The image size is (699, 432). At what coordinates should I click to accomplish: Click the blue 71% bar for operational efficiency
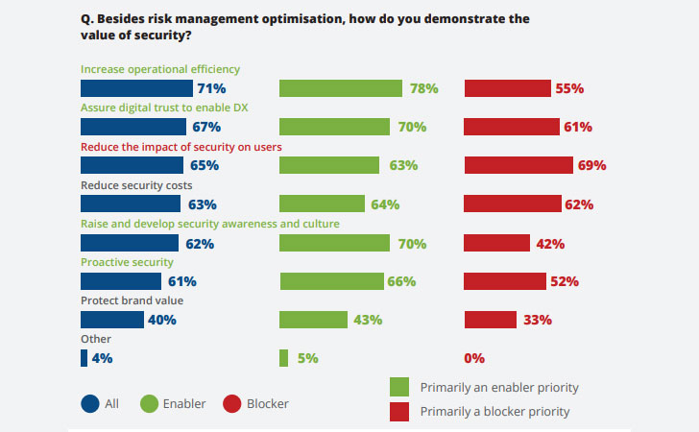point(135,88)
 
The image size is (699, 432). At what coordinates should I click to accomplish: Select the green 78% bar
point(341,88)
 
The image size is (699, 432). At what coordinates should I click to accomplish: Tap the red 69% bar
point(518,165)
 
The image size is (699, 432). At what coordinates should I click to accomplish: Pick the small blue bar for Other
point(84,358)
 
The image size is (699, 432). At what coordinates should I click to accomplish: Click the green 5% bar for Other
point(283,358)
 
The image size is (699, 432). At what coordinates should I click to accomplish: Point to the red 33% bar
point(491,320)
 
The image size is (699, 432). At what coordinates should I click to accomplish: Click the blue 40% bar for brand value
point(111,320)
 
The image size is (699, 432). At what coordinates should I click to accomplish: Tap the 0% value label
point(474,358)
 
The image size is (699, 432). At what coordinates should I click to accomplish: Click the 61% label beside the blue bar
point(182,281)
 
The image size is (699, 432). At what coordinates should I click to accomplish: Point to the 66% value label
point(400,281)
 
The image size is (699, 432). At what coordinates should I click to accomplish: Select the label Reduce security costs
point(136,184)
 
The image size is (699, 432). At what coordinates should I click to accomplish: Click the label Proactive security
point(127,262)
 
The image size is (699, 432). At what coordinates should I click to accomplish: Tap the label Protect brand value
point(132,300)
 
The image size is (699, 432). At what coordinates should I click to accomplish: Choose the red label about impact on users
point(181,146)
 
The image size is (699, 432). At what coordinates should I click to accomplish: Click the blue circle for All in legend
point(89,404)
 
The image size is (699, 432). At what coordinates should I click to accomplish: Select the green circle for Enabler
point(150,404)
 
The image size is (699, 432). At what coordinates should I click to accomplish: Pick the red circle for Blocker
point(231,404)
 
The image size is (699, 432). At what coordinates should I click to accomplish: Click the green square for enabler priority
point(399,388)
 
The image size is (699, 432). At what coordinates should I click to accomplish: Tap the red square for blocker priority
point(399,412)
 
